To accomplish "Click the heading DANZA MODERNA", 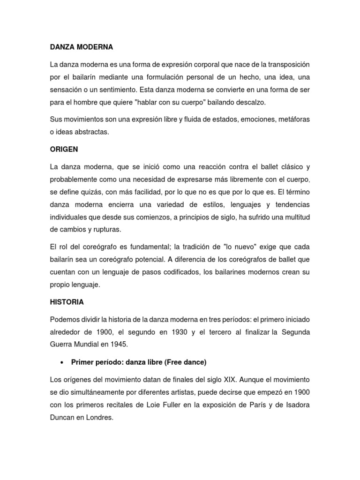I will (82, 47).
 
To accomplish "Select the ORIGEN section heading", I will (64, 150).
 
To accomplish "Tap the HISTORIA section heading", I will (67, 302).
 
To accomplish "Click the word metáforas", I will (290, 120).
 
